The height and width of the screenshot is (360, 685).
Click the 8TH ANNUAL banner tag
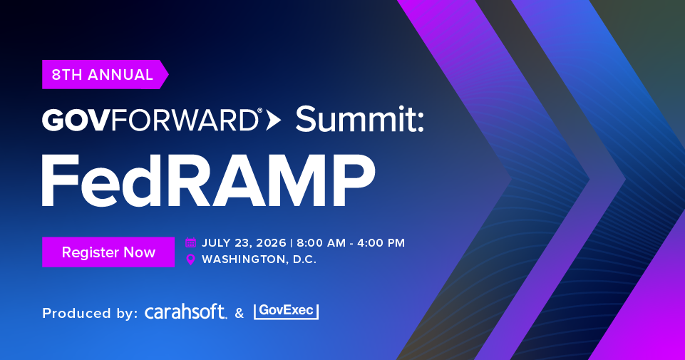pos(105,74)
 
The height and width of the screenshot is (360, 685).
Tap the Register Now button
pos(108,252)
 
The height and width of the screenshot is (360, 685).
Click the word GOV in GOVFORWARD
pos(74,120)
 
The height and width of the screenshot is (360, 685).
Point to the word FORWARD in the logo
pos(182,120)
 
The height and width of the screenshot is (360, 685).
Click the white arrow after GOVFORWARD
pos(273,120)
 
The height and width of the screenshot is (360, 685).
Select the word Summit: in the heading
pos(360,119)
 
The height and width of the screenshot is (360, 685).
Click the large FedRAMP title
pos(208,180)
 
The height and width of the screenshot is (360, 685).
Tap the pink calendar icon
pos(190,242)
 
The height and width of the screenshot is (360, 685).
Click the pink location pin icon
pos(190,259)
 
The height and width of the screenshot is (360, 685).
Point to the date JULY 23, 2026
pos(244,243)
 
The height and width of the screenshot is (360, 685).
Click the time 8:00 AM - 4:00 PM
pos(351,243)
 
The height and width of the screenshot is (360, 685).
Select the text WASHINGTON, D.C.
pos(259,259)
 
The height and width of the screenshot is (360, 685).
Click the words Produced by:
pos(90,313)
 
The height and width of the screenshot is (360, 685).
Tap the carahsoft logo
pos(185,312)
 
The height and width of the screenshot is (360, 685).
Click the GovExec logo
pos(286,311)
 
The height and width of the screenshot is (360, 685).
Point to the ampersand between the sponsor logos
pos(240,313)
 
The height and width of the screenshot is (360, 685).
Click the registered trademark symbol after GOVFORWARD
pos(260,111)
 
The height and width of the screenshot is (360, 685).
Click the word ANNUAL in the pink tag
pos(120,75)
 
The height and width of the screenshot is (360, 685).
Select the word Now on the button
pos(140,252)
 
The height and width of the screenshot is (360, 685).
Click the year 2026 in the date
pos(272,243)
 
